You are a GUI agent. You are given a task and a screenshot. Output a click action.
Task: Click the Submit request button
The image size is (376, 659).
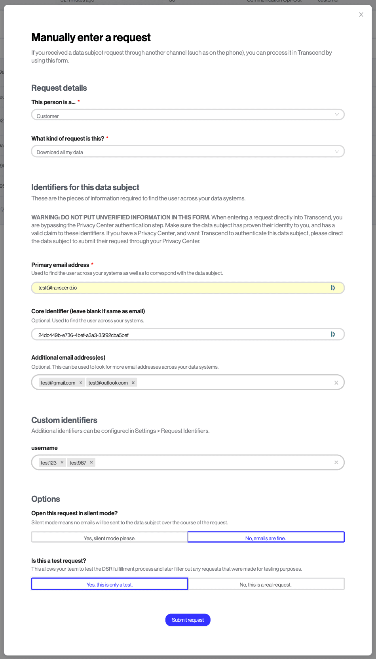188,620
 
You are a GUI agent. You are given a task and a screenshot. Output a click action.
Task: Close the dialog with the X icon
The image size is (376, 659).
361,15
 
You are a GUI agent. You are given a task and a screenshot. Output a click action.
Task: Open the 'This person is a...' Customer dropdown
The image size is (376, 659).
188,115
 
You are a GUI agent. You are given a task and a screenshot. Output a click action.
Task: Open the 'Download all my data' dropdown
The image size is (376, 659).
188,152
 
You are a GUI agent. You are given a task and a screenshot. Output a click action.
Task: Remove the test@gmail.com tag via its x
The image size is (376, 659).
81,383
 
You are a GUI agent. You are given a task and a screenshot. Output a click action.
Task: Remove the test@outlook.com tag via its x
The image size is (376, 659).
133,383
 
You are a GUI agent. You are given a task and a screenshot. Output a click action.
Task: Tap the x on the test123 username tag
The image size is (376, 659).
62,462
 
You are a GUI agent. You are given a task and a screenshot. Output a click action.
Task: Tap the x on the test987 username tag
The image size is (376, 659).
91,462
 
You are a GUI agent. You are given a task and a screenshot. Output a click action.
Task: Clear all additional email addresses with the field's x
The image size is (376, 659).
336,383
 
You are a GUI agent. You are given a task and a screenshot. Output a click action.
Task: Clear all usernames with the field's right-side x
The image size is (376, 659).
336,462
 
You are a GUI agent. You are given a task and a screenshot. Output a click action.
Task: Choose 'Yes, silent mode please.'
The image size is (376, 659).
110,537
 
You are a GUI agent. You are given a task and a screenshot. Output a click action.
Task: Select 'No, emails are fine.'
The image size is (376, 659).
266,537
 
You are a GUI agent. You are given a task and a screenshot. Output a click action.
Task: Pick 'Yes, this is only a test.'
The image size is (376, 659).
110,584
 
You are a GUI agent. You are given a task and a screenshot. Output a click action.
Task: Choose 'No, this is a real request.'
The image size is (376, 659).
266,584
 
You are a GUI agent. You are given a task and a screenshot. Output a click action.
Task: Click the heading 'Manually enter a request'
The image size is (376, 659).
91,38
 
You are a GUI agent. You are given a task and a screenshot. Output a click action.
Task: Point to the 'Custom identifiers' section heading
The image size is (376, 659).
64,420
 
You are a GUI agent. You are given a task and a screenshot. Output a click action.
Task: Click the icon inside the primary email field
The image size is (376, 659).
333,288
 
